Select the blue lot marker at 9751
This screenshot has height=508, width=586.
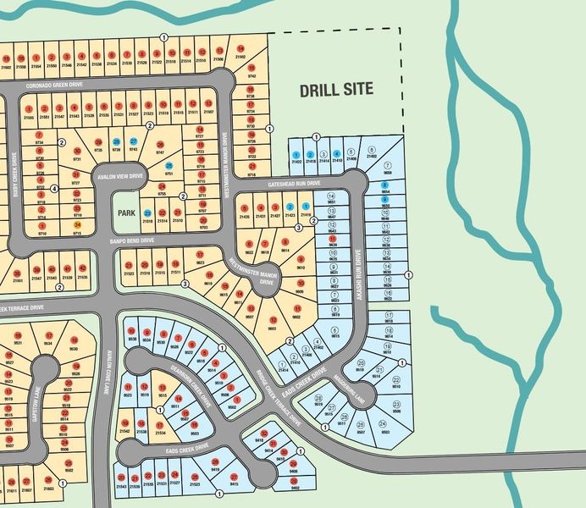coord(169,166)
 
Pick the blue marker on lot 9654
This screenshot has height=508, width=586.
coord(385,185)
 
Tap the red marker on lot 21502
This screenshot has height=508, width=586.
coord(241,48)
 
